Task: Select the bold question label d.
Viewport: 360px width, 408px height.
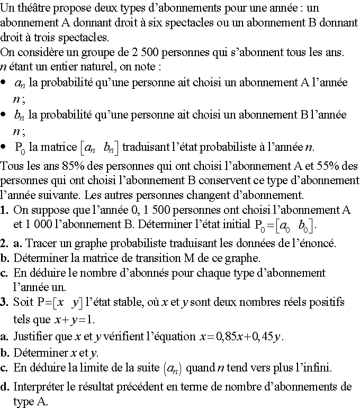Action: [4, 387]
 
